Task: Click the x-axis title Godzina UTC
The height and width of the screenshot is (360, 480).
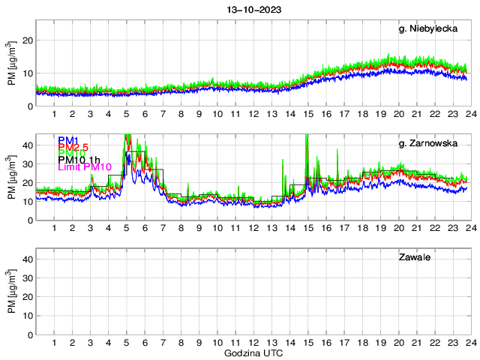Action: [251, 352]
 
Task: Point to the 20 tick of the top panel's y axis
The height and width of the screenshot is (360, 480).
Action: [25, 40]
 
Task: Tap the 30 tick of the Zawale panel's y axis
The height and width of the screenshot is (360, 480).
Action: [25, 277]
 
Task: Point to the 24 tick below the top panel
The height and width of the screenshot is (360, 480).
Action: [468, 115]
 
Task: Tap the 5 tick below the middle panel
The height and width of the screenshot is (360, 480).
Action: [127, 229]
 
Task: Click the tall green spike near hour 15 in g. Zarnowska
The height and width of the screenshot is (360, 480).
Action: [307, 136]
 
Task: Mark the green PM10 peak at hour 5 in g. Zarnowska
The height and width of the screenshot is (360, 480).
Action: [127, 137]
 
